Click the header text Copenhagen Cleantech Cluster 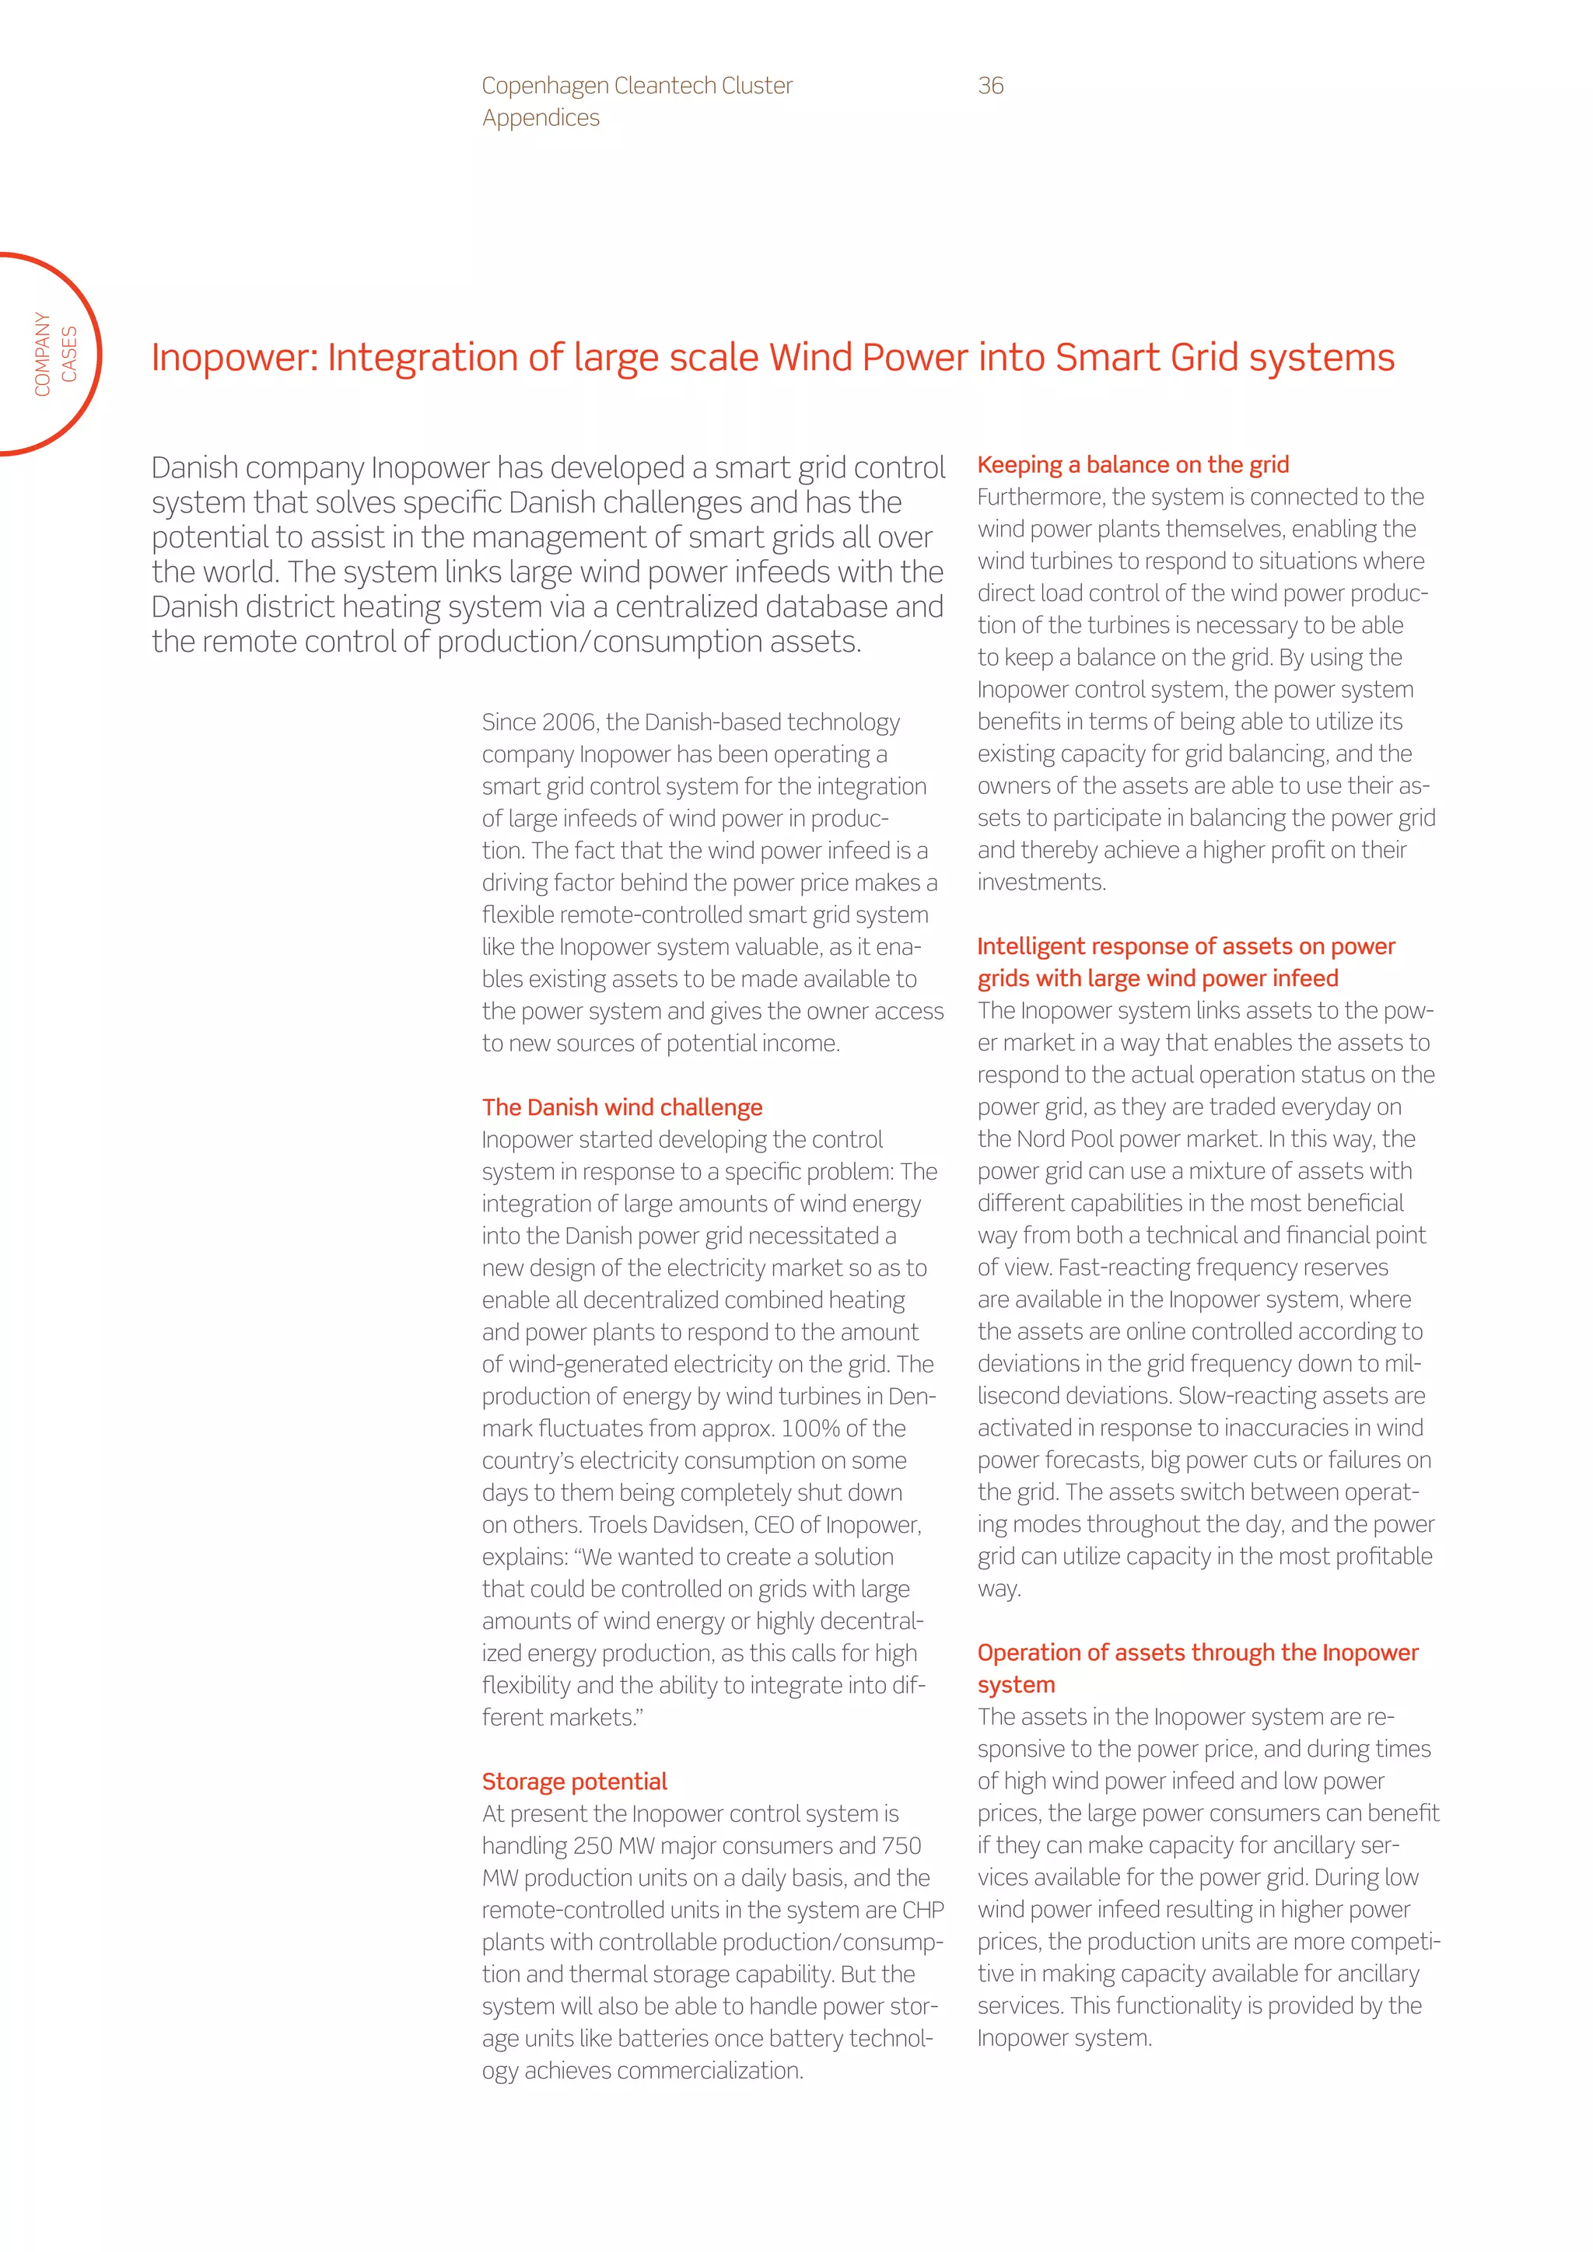tap(636, 86)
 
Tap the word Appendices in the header tap(541, 117)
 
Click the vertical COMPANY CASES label tap(55, 354)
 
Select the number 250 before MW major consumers tap(593, 1845)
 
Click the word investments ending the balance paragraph tap(1041, 882)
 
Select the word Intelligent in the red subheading tap(1031, 946)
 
